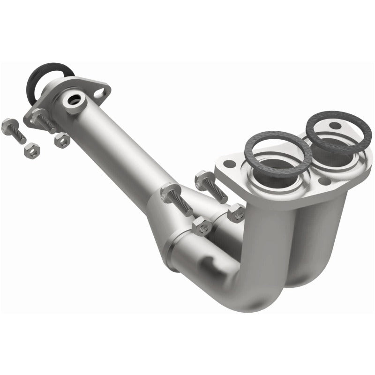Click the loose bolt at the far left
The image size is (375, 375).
pyautogui.click(x=14, y=125)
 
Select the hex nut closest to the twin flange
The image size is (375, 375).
pyautogui.click(x=236, y=214)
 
